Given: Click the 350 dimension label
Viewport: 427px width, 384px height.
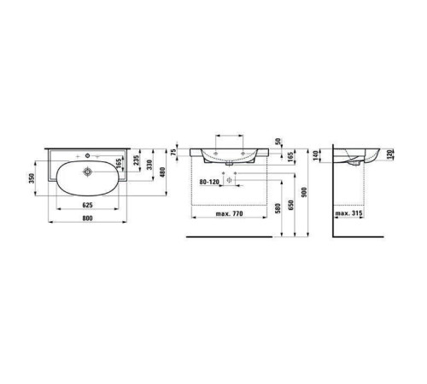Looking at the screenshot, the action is (x=32, y=178).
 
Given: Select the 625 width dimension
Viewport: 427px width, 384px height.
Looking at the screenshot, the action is (x=87, y=205).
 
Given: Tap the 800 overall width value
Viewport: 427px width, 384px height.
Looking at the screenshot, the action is (x=87, y=218).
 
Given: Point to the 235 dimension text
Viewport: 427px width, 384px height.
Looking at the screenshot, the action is (x=137, y=160).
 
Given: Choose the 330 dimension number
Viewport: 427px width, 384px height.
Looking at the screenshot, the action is (x=149, y=165).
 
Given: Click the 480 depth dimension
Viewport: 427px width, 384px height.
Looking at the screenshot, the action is (x=162, y=172).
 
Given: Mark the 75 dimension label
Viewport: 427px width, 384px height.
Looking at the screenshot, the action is (x=173, y=152).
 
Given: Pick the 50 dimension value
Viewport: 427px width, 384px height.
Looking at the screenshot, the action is (x=278, y=141).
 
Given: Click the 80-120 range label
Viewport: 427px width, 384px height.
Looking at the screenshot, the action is (x=209, y=182).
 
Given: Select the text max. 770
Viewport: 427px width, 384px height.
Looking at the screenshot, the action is (x=230, y=213).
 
